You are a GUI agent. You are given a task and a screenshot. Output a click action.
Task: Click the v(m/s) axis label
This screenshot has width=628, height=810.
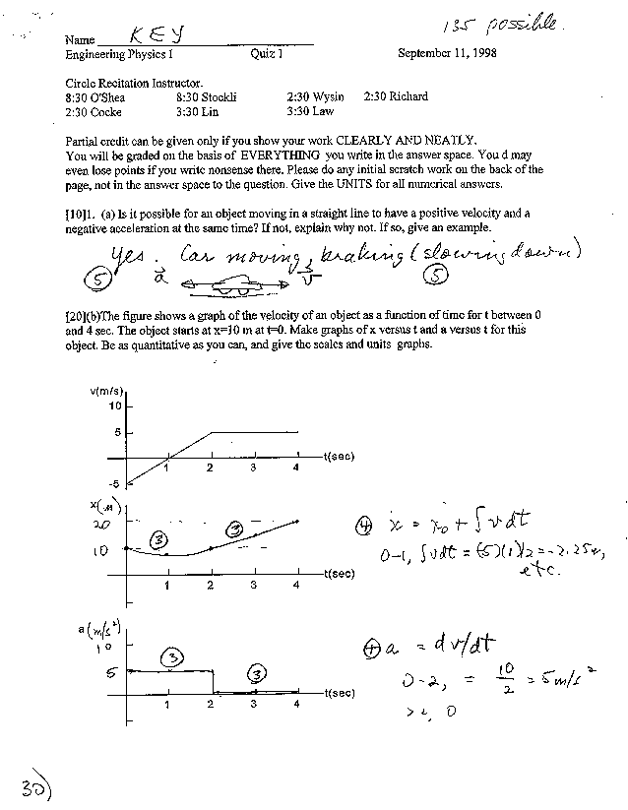point(105,391)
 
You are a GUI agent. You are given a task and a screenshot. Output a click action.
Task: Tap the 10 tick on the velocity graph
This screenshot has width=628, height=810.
point(114,405)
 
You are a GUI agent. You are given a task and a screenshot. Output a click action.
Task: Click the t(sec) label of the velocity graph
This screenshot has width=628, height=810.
point(338,457)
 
